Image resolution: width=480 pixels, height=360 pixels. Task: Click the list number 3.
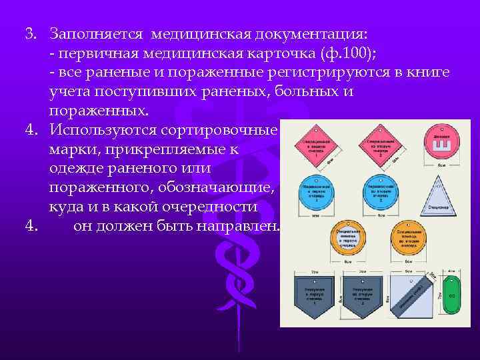pos(31,33)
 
